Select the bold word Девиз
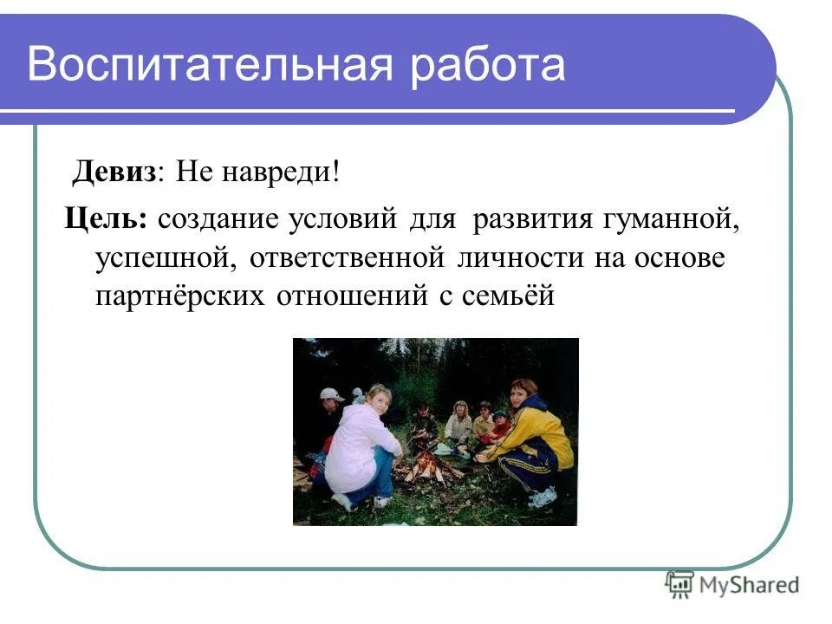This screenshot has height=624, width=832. [x=114, y=171]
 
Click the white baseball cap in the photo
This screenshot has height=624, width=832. [x=331, y=394]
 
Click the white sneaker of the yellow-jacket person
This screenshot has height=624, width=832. [x=543, y=497]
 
